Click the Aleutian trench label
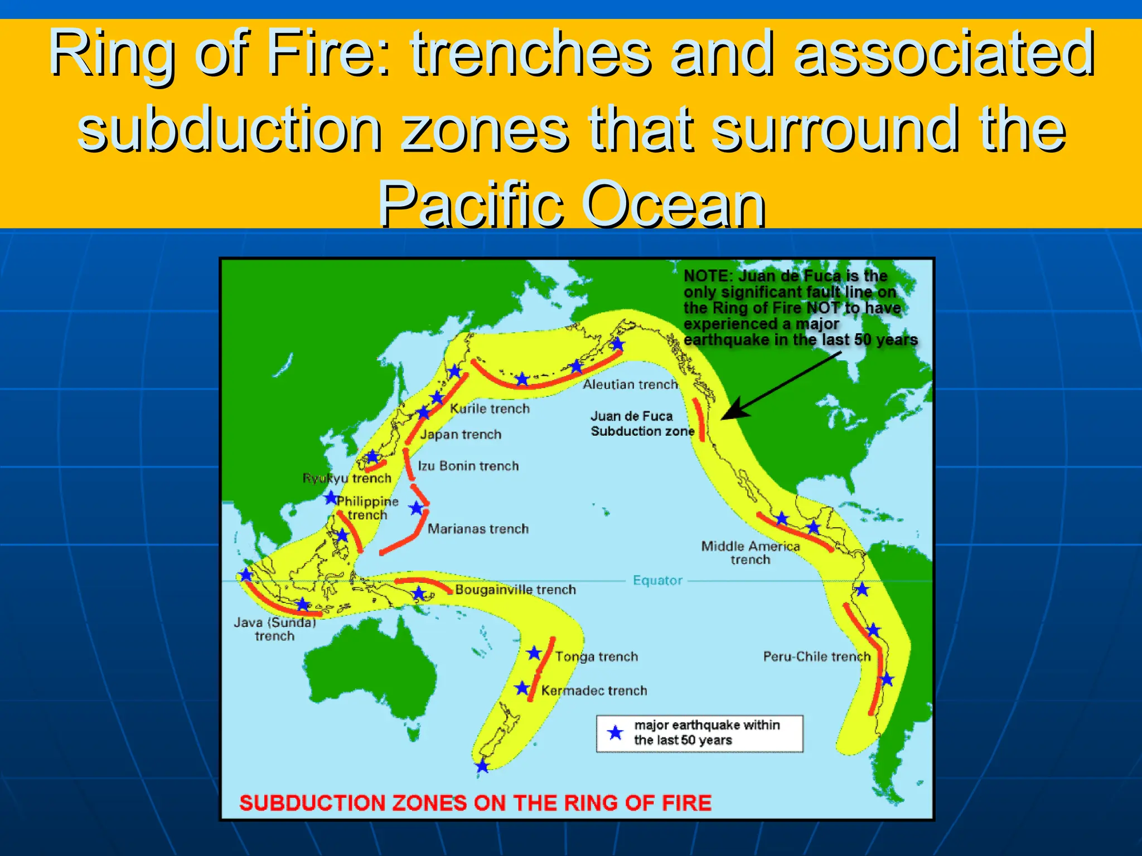pos(630,385)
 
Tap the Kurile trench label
pos(490,408)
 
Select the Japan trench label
pos(461,434)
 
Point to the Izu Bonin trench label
pos(468,466)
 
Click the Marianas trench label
pos(478,529)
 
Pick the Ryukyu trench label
pos(347,478)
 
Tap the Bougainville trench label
pos(515,590)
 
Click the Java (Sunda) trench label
pos(274,629)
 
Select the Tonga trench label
pos(596,656)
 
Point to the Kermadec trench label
pos(594,690)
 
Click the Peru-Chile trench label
pos(816,656)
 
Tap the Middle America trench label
pos(750,552)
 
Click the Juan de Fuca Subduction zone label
pos(642,424)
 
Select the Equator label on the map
pos(657,581)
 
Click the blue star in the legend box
pos(615,733)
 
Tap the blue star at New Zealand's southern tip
pos(482,767)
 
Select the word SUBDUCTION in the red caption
pos(312,803)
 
